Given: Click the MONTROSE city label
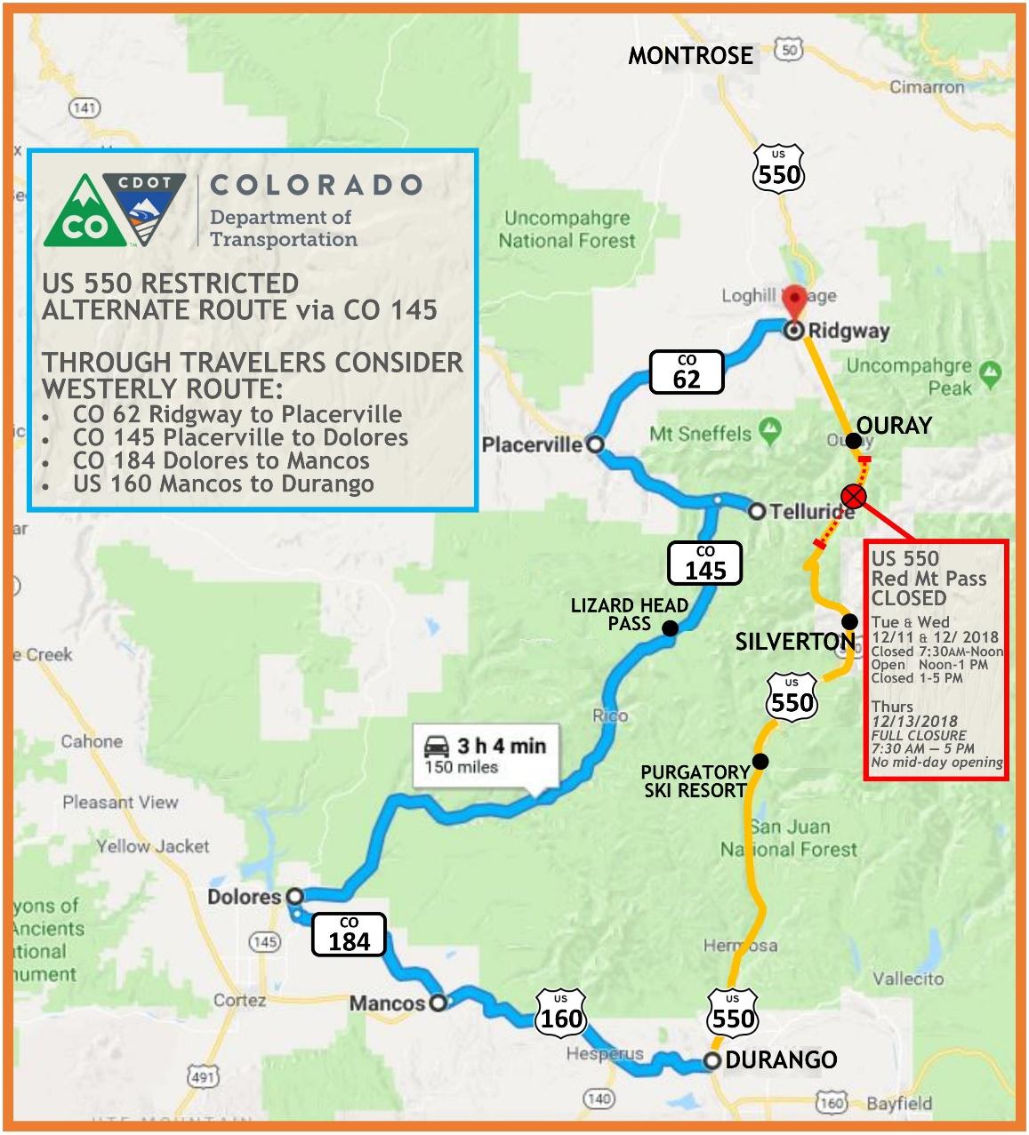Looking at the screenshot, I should point(690,56).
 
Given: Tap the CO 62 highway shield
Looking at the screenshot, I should point(686,372).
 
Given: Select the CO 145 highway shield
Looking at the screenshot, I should point(705,563).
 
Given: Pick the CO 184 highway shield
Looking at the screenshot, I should point(349,934).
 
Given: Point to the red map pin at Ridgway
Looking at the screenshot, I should point(793,302).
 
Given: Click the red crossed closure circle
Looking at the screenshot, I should point(854,495).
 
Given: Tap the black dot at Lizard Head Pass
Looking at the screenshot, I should point(670,628).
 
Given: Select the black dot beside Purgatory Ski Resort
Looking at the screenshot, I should point(760,761).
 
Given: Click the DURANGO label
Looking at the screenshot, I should point(781,1060).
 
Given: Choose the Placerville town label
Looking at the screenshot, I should point(532,444).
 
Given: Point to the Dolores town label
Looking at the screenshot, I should point(244,896).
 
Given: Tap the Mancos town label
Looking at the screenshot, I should point(387,1003).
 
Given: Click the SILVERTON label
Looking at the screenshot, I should point(794,642).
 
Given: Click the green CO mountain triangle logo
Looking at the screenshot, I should point(84,214).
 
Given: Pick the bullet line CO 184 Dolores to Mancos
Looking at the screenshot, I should point(221,460).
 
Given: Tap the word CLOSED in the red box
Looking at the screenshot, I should point(908,598).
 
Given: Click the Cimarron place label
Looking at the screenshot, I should point(927,87).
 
